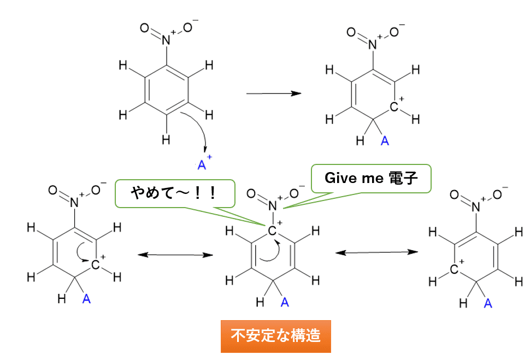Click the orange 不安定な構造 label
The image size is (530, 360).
tap(275, 336)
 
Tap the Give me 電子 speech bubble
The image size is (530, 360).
tap(371, 178)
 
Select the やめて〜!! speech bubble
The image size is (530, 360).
tap(174, 193)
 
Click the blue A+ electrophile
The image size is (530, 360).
tap(202, 164)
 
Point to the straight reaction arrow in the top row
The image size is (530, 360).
tap(274, 93)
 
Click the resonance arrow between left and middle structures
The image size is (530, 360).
tap(175, 255)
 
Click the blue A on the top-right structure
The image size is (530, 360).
tap(384, 141)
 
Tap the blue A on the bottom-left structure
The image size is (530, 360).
tap(86, 298)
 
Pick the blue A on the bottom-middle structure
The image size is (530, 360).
tap(284, 302)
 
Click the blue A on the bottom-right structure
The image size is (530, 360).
tap(488, 303)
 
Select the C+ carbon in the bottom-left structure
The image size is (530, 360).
tap(96, 265)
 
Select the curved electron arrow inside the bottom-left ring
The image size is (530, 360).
tap(83, 252)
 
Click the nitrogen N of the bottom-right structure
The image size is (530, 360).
tap(476, 206)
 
